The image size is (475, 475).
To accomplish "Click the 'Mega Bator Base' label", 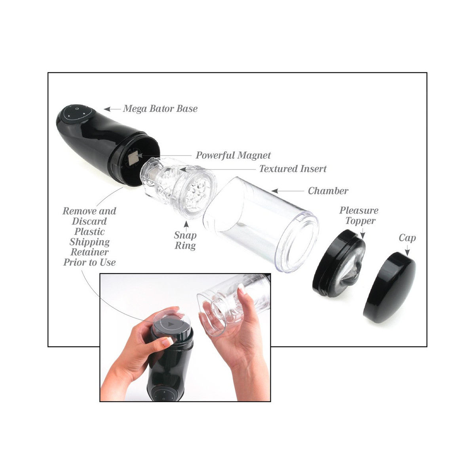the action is click(x=160, y=108).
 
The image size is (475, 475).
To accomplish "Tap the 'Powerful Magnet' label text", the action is click(x=233, y=155).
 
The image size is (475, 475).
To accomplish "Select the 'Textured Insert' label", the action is click(x=293, y=169).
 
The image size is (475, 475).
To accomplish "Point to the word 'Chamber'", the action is click(x=328, y=191).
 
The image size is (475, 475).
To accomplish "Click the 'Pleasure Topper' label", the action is click(x=359, y=216).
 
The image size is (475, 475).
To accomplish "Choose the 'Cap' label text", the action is click(x=407, y=238).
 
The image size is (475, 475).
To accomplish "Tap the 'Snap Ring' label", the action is click(x=185, y=240).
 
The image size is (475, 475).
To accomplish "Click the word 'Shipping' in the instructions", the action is click(x=89, y=242).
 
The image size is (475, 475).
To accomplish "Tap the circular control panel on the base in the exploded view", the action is click(x=77, y=113).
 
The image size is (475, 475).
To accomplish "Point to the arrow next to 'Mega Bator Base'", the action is click(x=112, y=109).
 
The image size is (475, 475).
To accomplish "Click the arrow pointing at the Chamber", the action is click(x=287, y=191).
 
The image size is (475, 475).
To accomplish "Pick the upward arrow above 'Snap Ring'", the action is click(x=186, y=225).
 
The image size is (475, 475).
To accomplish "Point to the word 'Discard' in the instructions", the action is click(x=89, y=221).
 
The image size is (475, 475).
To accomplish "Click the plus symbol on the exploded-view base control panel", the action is click(x=84, y=113).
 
